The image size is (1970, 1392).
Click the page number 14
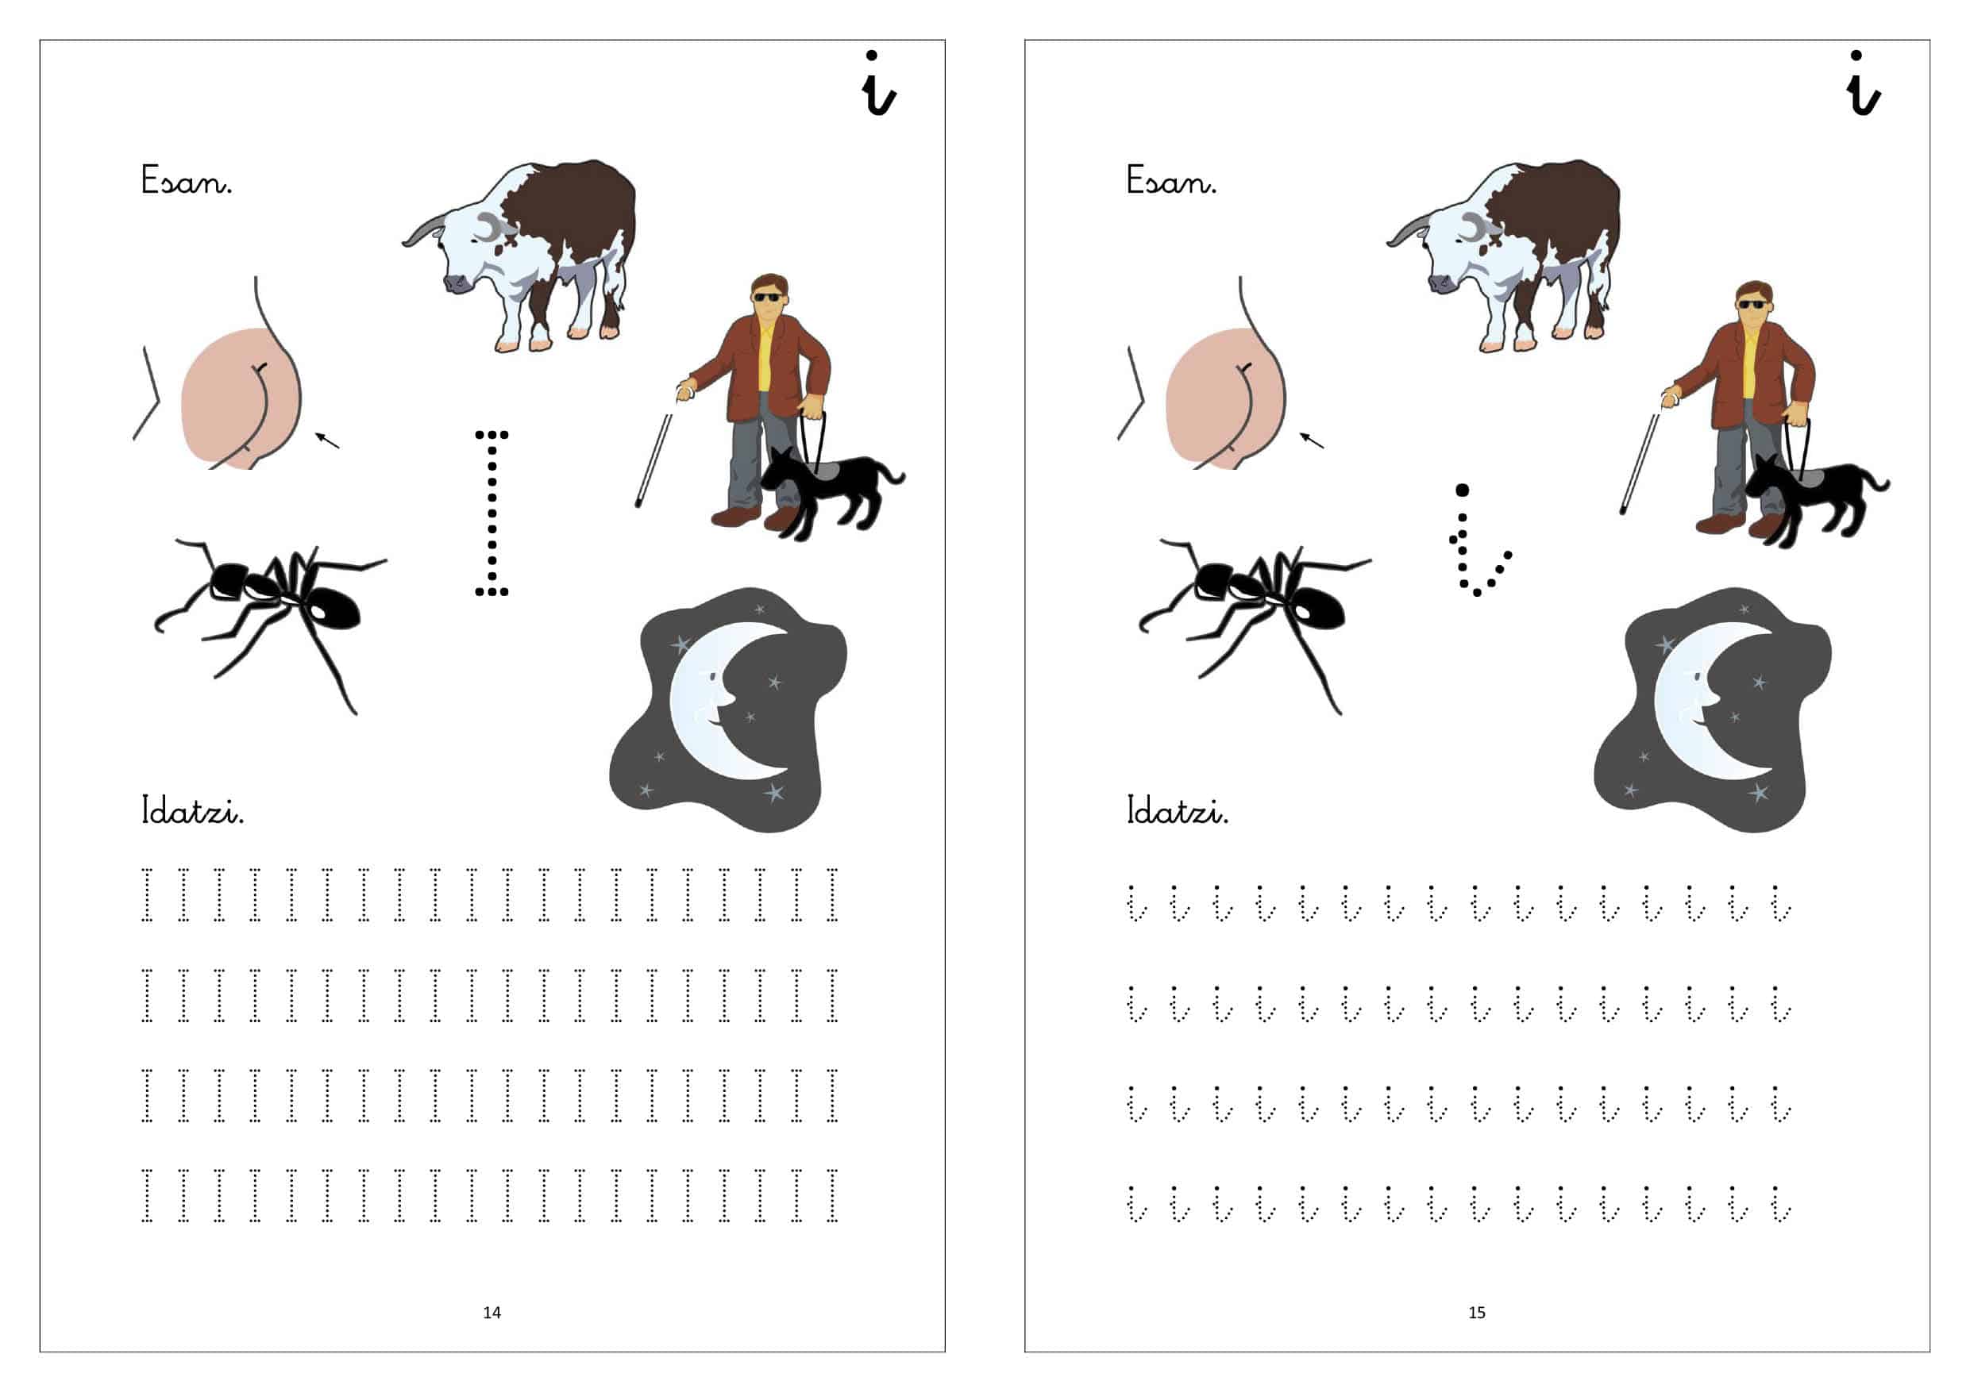[492, 1312]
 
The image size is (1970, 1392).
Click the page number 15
[1477, 1312]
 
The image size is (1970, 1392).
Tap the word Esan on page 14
[186, 180]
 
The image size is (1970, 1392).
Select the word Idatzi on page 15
[1178, 809]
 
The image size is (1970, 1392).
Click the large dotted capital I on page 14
[492, 513]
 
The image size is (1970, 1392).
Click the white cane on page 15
[1640, 463]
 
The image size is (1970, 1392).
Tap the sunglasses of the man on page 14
[767, 298]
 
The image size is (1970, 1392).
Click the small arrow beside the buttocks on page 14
[327, 440]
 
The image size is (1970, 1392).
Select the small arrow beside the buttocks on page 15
[1311, 440]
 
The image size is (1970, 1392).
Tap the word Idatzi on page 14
[192, 809]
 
